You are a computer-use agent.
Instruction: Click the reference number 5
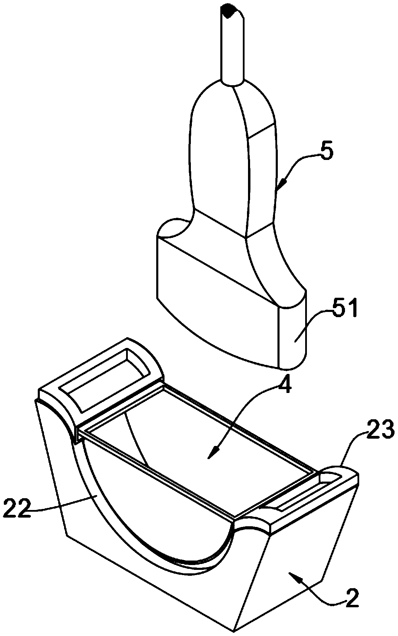(327, 153)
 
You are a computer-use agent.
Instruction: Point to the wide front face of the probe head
(215, 305)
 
